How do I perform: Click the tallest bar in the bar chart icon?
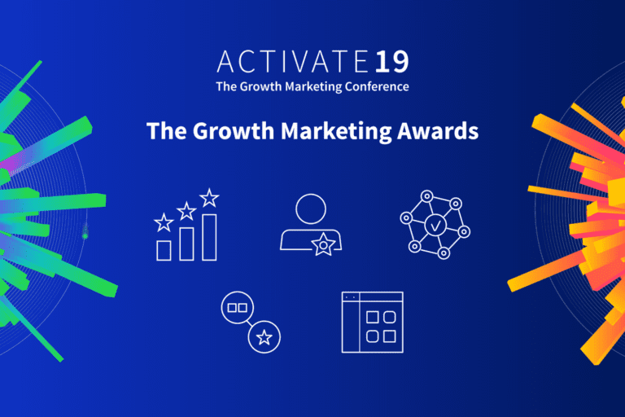tap(209, 237)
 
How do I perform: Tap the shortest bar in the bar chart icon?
tap(164, 250)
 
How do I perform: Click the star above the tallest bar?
tap(210, 197)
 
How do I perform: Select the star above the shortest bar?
tap(164, 222)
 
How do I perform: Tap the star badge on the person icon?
tap(326, 243)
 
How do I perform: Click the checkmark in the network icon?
tap(435, 221)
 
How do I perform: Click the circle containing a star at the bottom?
tap(264, 336)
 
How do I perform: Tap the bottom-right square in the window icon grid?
tap(389, 335)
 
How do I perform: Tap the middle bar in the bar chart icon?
tap(186, 244)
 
